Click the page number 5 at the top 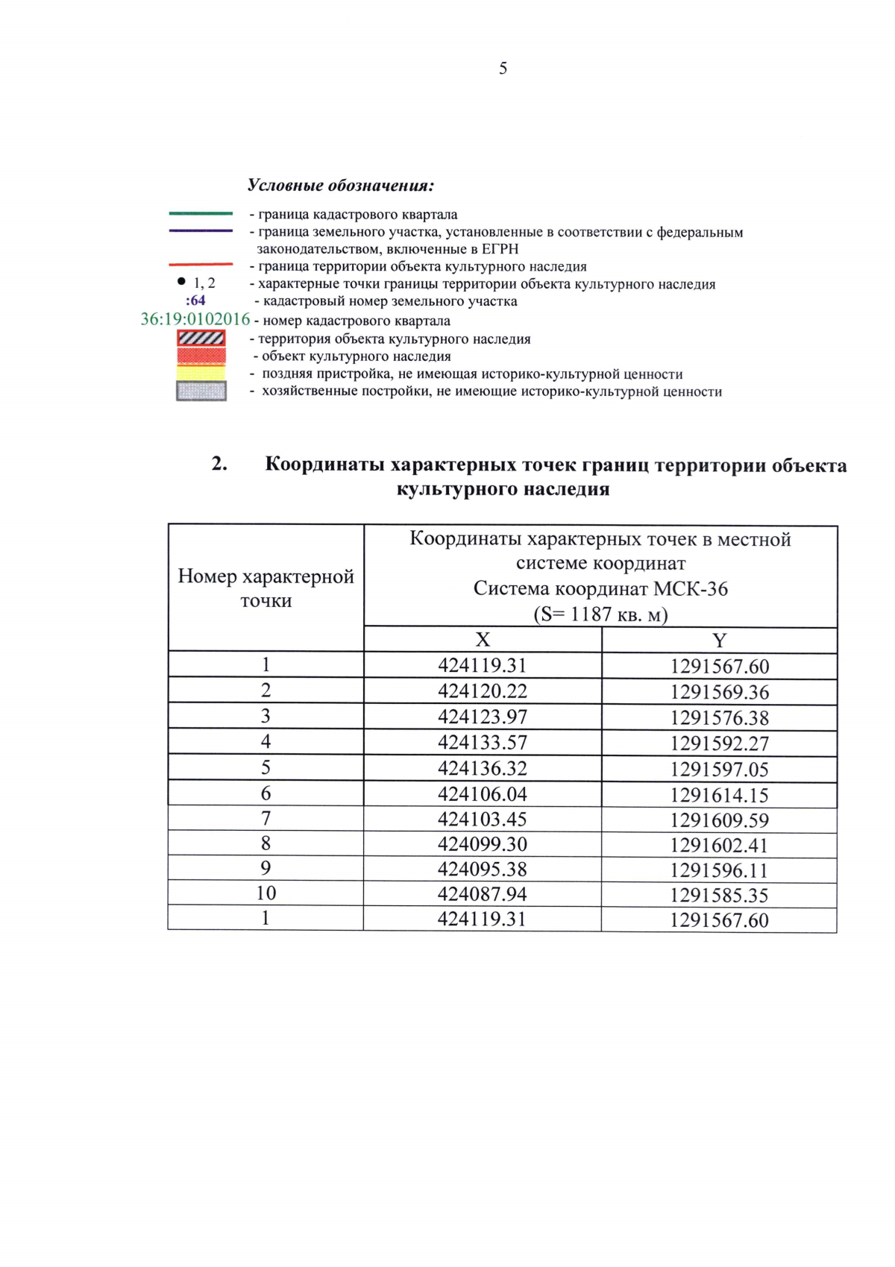coord(503,69)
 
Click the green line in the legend coord(201,214)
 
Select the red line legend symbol coord(201,265)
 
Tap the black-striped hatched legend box coord(201,339)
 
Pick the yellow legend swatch coord(201,373)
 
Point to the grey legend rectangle coord(201,391)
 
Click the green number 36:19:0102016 coord(195,319)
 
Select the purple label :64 coord(195,301)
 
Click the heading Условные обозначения coord(341,185)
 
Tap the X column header coord(483,640)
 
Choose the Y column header coord(719,641)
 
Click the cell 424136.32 coord(483,768)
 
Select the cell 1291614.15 coord(719,795)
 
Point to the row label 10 coord(266,893)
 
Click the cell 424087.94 coord(483,893)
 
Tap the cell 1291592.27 coord(719,743)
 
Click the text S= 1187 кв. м coord(600,614)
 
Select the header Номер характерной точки coord(266,588)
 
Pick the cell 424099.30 coord(483,844)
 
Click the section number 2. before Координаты coord(219,464)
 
